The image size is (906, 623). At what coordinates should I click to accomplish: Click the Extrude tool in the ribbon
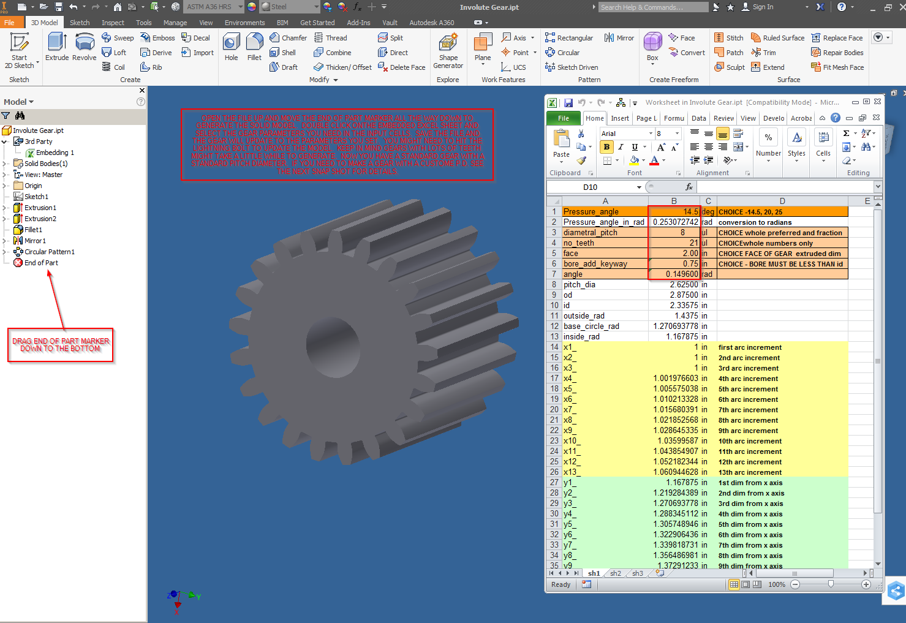[57, 47]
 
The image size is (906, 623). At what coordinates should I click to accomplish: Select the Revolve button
[85, 47]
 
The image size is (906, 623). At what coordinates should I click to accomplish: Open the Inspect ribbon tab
[113, 23]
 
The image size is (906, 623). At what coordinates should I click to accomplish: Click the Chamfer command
[289, 38]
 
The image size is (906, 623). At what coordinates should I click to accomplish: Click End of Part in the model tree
[41, 263]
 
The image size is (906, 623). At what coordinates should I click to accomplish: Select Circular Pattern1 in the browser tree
[49, 252]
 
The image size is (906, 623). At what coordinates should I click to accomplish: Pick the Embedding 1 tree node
[55, 153]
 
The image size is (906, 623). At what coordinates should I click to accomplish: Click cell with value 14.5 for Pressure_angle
[674, 212]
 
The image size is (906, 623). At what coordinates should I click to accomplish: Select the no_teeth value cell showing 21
[674, 243]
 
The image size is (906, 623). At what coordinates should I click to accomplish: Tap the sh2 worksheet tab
[616, 573]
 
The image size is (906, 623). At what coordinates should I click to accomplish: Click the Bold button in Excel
[606, 147]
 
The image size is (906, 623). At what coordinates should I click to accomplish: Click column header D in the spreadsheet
[782, 201]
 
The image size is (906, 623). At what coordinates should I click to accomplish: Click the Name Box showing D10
[591, 187]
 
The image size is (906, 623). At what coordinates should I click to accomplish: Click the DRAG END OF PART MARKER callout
[61, 345]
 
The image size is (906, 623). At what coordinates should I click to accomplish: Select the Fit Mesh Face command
[837, 67]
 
